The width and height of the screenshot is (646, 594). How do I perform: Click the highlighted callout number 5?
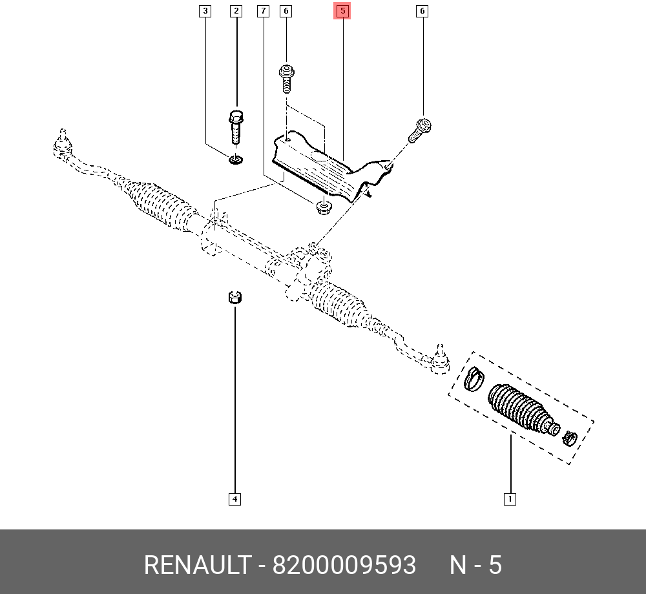pyautogui.click(x=342, y=11)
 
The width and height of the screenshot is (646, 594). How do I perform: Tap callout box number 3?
pyautogui.click(x=205, y=11)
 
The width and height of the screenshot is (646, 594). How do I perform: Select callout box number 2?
pyautogui.click(x=236, y=11)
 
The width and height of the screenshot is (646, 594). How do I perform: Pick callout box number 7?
pyautogui.click(x=263, y=11)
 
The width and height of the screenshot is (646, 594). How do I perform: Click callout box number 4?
pyautogui.click(x=234, y=498)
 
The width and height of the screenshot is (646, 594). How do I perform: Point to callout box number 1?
pyautogui.click(x=510, y=498)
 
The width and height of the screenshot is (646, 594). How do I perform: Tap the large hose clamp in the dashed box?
pyautogui.click(x=474, y=378)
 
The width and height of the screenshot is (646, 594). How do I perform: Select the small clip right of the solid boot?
pyautogui.click(x=569, y=437)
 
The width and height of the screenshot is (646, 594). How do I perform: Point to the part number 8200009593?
pyautogui.click(x=344, y=566)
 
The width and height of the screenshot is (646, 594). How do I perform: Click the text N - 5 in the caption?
pyautogui.click(x=475, y=566)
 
